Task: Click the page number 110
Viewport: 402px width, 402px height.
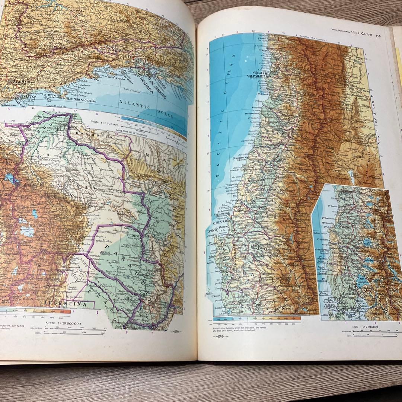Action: (x=378, y=36)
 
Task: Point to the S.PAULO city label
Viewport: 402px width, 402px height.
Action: (x=17, y=81)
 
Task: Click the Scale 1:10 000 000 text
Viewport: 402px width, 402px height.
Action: (x=63, y=323)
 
